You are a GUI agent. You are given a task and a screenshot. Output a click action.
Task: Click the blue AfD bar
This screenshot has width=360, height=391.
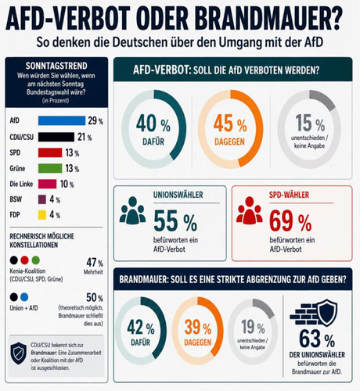click(x=62, y=120)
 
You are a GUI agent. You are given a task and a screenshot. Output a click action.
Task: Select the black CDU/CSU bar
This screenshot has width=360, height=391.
click(x=56, y=137)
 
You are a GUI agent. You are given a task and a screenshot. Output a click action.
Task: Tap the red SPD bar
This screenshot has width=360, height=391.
click(x=50, y=152)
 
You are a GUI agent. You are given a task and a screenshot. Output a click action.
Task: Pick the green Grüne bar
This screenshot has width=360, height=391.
click(x=50, y=168)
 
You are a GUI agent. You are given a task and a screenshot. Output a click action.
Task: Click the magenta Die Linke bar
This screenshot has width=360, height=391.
click(x=47, y=184)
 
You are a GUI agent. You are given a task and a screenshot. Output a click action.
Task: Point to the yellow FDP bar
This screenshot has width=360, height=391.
click(x=42, y=215)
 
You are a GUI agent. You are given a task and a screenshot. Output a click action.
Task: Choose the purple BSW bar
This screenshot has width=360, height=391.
click(x=42, y=199)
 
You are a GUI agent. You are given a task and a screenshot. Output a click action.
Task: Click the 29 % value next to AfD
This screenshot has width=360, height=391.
click(x=95, y=120)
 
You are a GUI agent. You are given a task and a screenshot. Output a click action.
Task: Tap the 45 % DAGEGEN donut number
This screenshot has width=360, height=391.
click(x=230, y=124)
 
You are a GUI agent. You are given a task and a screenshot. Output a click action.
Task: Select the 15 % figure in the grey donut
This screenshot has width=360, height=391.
click(x=310, y=123)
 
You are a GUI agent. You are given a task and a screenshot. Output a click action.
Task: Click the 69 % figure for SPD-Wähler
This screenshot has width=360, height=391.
click(x=290, y=221)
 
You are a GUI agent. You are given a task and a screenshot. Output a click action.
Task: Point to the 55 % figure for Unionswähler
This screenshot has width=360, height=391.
click(x=175, y=221)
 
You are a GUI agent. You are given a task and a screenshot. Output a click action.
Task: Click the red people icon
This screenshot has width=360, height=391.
click(x=250, y=210)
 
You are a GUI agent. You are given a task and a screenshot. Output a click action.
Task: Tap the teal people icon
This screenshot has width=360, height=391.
click(x=132, y=210)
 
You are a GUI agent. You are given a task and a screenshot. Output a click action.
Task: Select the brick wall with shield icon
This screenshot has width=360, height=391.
click(x=314, y=313)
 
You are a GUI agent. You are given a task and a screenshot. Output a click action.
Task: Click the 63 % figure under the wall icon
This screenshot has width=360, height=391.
click(x=317, y=339)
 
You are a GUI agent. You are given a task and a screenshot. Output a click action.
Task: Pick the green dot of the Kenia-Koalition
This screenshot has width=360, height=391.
click(x=36, y=260)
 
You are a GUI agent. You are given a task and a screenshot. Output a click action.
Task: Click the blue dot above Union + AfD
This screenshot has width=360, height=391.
click(x=24, y=297)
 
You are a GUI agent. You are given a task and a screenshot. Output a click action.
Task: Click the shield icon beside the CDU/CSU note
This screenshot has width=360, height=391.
click(x=19, y=353)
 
